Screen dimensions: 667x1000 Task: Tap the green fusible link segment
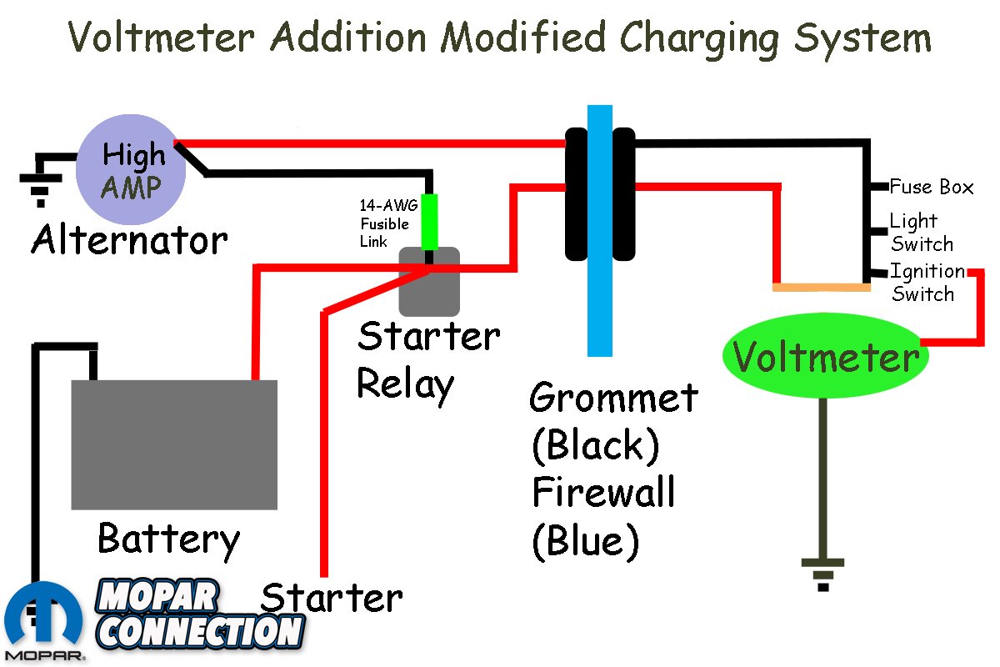429,222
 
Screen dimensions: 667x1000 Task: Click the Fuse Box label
932,187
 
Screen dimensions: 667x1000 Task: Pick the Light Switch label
921,233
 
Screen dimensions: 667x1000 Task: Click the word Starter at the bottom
332,598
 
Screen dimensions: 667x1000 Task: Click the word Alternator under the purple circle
129,241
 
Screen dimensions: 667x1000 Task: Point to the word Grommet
613,397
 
